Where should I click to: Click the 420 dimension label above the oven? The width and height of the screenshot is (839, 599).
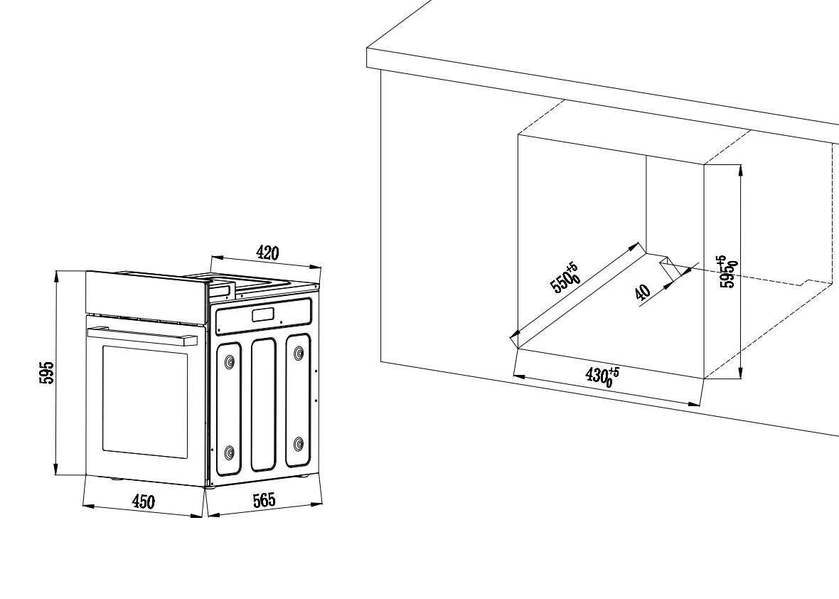coord(267,253)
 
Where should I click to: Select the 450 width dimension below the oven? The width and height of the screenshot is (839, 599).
coord(144,502)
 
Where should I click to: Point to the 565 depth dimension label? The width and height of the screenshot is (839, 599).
coord(264,500)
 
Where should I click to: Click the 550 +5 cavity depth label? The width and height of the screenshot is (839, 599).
coord(565,278)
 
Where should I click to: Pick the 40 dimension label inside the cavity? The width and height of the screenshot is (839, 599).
coord(643,292)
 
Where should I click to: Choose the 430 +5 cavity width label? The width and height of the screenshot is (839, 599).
coord(602,375)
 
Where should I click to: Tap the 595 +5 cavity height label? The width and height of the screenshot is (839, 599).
coord(728,272)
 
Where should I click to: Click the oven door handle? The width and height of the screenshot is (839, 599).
coord(142,335)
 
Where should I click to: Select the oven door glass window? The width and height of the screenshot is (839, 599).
coord(145,401)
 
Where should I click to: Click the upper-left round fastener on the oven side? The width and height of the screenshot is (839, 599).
coord(230,362)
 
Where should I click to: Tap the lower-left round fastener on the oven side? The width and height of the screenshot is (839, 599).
coord(230,453)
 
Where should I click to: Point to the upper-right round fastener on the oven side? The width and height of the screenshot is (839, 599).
coord(299,354)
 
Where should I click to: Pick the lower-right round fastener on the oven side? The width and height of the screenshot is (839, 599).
coord(299,444)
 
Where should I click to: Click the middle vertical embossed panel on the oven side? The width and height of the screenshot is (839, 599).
coord(264,405)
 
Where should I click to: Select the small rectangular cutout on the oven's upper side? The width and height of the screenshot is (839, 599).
coord(263,315)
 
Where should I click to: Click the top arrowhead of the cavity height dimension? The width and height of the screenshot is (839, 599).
coord(740,170)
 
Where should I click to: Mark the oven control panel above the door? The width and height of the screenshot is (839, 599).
coord(146,297)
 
